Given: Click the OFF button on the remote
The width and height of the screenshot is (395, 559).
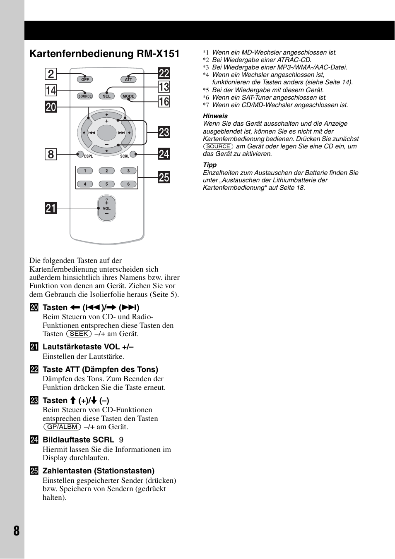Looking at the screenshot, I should [85, 79].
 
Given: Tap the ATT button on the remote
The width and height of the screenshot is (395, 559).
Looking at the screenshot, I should [128, 79].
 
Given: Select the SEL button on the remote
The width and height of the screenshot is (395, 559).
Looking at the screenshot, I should [106, 96].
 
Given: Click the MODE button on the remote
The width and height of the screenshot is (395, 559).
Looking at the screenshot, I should [128, 96].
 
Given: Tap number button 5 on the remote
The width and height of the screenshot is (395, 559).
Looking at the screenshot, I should [106, 184].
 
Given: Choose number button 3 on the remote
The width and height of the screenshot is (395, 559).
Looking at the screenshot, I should [128, 171].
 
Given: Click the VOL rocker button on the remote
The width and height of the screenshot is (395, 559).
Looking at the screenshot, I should [106, 208].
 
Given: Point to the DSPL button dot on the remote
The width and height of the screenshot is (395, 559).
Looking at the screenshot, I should [81, 154].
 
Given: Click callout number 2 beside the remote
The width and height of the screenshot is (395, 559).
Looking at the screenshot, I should [51, 74].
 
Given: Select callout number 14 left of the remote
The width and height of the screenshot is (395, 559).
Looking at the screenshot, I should [51, 91].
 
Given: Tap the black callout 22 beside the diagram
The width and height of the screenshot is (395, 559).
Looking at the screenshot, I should [164, 73].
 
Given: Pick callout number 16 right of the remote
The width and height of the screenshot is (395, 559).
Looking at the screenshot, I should [164, 101].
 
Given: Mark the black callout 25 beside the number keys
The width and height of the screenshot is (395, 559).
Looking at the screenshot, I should [164, 177].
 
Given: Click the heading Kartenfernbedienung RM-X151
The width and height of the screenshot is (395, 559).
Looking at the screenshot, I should [104, 54].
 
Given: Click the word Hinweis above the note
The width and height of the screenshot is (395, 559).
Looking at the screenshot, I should [215, 116].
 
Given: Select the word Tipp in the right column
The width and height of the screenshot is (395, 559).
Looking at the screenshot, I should [210, 165].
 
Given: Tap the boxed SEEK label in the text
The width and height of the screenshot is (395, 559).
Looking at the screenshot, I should [79, 334].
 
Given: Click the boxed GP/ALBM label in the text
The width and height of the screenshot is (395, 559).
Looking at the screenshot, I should [62, 427].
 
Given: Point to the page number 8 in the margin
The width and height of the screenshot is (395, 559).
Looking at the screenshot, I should [16, 531].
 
